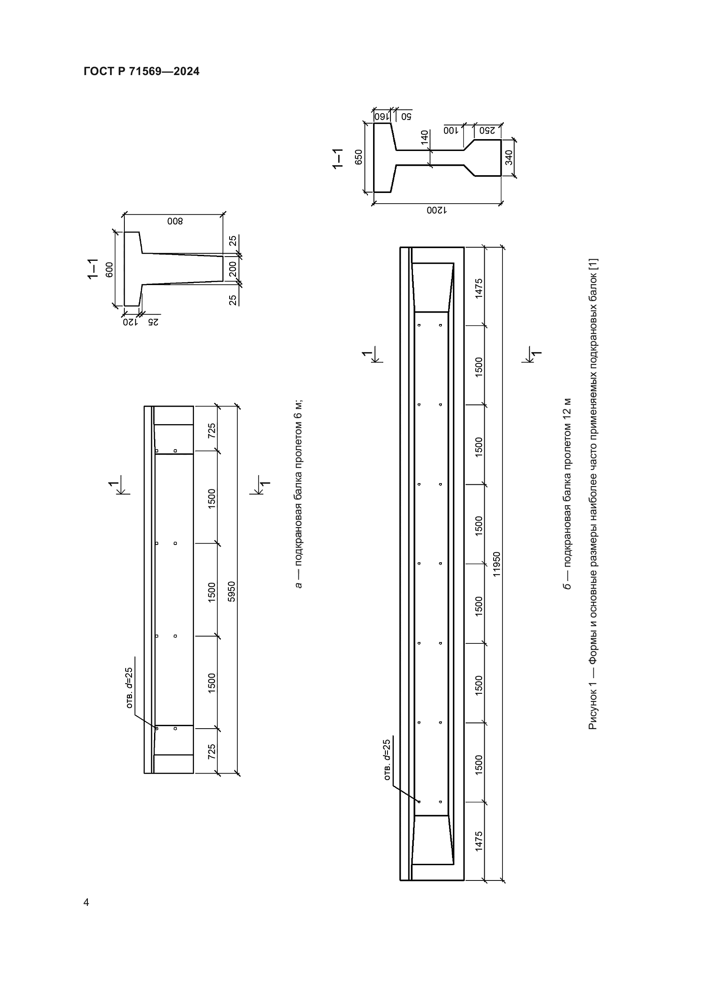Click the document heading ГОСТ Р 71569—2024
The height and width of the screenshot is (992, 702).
pos(141,71)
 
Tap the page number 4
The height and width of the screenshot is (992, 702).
pos(87,902)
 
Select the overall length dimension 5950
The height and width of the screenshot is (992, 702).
pos(232,592)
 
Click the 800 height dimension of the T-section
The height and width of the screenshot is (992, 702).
pos(175,221)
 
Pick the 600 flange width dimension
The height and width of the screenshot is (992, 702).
pos(110,270)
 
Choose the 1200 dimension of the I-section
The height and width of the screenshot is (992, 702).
pos(438,210)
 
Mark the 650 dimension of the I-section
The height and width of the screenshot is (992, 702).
pos(359,157)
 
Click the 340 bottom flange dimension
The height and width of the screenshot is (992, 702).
pos(509,157)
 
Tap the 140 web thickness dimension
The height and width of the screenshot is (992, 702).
pos(424,137)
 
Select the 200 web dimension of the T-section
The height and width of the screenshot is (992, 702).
pos(233,269)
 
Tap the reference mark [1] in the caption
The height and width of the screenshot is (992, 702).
pos(592,264)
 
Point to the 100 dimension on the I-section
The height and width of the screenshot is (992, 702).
pos(450,130)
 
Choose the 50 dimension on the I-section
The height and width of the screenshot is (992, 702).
pos(407,117)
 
